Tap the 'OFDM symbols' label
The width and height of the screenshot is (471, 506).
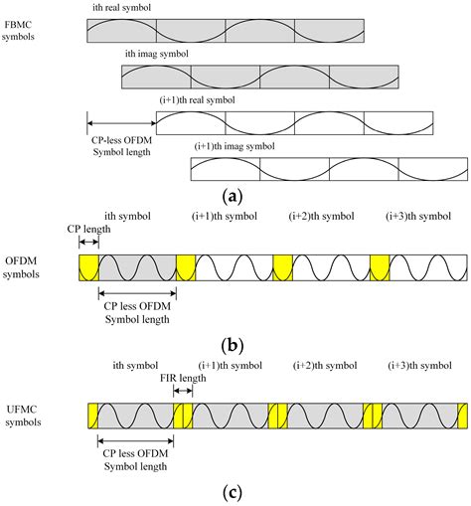(x=25, y=266)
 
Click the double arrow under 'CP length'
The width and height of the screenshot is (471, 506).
(x=87, y=242)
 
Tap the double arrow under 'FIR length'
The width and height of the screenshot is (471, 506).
(x=183, y=392)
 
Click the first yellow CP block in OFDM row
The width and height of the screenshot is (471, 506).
(x=88, y=267)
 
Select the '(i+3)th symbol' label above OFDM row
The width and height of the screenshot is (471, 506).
(x=417, y=216)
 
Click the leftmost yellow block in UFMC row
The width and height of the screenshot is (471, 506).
(x=91, y=416)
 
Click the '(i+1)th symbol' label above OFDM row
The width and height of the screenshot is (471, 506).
(x=223, y=216)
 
